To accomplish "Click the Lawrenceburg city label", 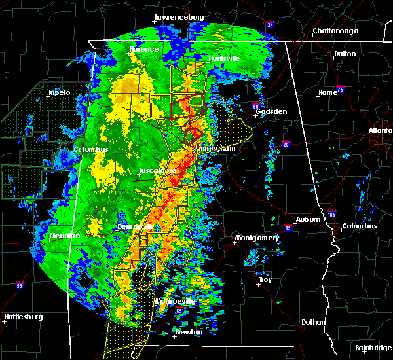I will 179,17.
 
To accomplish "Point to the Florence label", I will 143,49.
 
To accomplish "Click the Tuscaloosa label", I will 158,171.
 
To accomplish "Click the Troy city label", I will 265,279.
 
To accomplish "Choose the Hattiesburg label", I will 24,317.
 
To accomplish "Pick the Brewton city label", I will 189,332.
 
